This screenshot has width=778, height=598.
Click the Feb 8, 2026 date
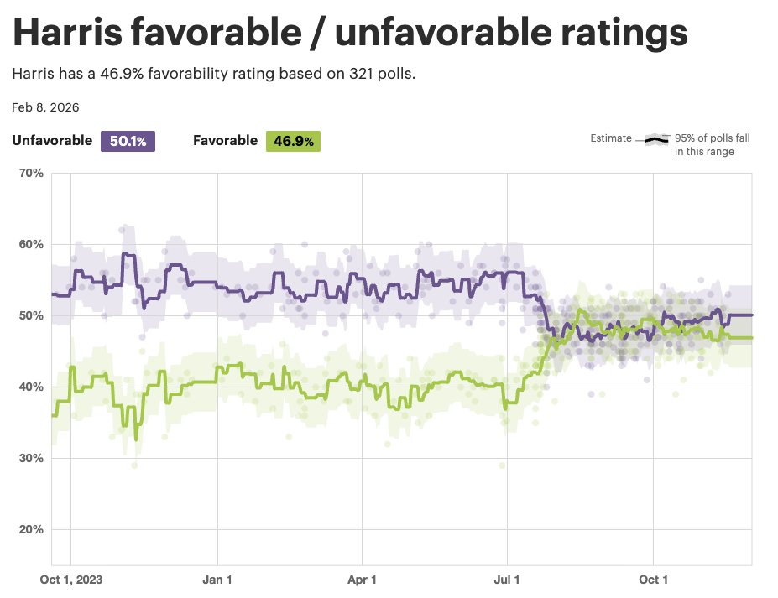(x=45, y=107)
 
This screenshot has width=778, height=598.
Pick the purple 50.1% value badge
(x=128, y=141)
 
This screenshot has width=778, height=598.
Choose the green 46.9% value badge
(x=293, y=141)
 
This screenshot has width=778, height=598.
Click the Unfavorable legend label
(x=52, y=141)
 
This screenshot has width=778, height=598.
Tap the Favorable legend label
(x=225, y=141)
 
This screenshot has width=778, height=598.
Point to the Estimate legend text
(x=610, y=138)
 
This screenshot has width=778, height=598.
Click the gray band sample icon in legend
(x=652, y=138)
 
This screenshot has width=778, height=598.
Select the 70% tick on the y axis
(x=30, y=173)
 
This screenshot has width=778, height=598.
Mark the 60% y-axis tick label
(x=30, y=244)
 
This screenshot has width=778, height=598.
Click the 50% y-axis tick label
(x=30, y=315)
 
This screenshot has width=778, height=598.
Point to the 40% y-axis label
(x=30, y=387)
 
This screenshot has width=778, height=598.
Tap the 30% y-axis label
(x=30, y=458)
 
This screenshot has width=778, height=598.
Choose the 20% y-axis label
(x=30, y=529)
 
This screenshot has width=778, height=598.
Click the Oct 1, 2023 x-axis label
(x=72, y=580)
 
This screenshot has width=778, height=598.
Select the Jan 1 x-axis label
(x=217, y=580)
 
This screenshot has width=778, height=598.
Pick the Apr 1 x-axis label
(x=362, y=580)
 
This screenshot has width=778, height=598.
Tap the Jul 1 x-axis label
(x=507, y=580)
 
